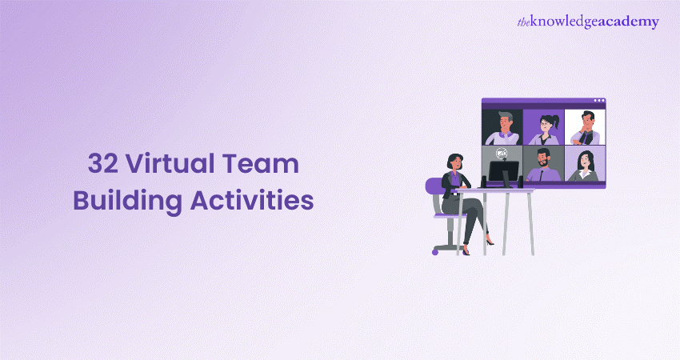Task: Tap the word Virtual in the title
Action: coord(171,163)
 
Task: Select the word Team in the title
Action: coord(261,164)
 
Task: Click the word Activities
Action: coord(252,200)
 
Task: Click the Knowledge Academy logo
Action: coord(588,22)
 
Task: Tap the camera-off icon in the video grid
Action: coord(502,153)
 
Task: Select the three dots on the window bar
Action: coord(599,101)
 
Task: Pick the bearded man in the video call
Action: coord(543,165)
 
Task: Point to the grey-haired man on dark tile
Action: coord(502,128)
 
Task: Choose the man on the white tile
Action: coord(585,127)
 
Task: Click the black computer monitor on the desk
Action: coord(503,172)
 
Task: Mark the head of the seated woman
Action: coord(454,162)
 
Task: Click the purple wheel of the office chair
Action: coord(435,252)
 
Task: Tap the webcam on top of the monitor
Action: coord(503,159)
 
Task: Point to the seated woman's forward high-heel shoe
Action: coord(489,242)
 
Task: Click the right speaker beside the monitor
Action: coord(521,182)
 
